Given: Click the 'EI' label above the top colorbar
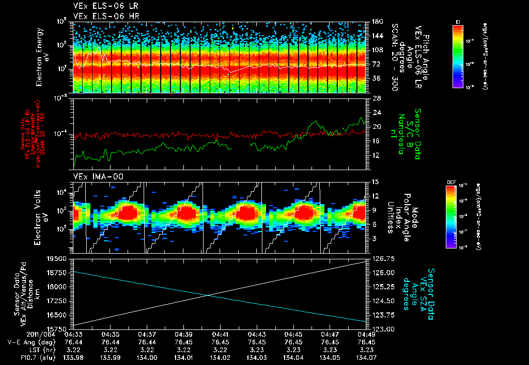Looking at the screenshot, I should (458, 21).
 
